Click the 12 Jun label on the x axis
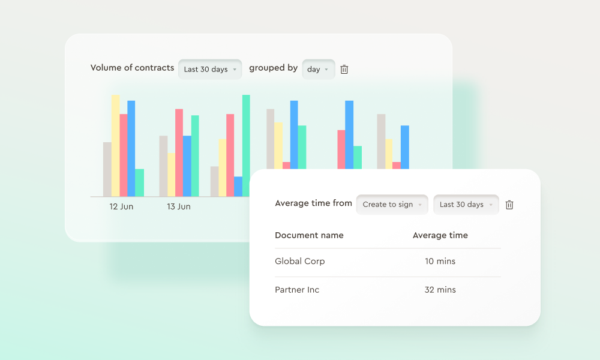pos(121,206)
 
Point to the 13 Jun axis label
pos(179,206)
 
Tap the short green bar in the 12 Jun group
pos(139,182)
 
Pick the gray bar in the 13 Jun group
pos(163,166)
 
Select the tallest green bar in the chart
pos(246,144)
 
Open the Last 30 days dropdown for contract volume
pos(210,70)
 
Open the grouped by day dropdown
pos(318,70)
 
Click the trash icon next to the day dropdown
pos(344,70)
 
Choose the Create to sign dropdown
pos(392,205)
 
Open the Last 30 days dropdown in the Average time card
pos(466,205)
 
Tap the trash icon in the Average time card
pos(509,205)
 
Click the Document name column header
pos(309,235)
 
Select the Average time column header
pos(440,235)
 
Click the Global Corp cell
pos(299,262)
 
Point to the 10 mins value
pos(440,262)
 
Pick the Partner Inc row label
pos(297,290)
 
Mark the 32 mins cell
pos(440,290)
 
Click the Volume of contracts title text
pos(132,68)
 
